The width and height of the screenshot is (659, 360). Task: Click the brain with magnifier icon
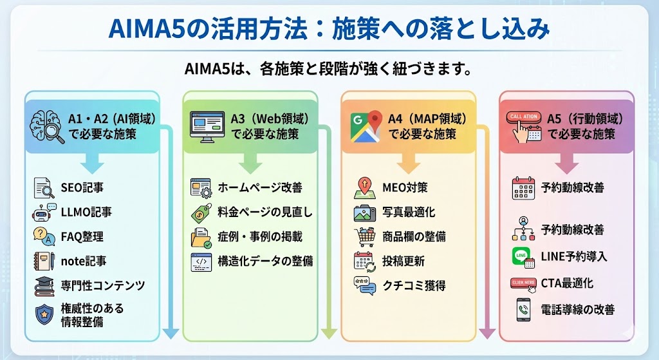click(47, 127)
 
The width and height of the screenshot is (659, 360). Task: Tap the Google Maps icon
click(366, 127)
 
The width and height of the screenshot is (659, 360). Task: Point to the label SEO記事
click(82, 187)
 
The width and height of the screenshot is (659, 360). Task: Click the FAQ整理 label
click(82, 237)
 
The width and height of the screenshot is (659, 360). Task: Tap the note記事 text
click(84, 261)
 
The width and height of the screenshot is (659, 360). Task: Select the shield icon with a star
click(44, 315)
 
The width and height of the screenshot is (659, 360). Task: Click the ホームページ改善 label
click(260, 187)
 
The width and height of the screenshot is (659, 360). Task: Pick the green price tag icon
click(201, 213)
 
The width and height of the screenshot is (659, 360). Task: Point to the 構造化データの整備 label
click(265, 261)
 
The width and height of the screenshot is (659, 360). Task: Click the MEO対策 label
click(405, 187)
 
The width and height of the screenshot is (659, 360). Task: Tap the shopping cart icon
click(364, 237)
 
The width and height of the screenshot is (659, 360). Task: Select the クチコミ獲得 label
click(414, 286)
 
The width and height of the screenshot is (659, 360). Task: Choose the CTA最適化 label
click(567, 283)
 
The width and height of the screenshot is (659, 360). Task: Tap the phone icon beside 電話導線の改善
click(523, 310)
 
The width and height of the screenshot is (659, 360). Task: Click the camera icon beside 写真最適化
click(365, 213)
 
